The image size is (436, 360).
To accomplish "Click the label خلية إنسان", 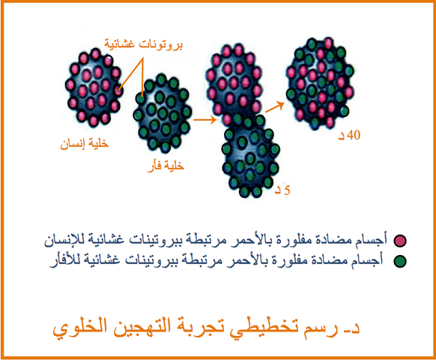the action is point(84,144).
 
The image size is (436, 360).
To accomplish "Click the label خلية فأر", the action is point(166,166).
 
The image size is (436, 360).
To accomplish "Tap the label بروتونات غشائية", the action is point(144,44).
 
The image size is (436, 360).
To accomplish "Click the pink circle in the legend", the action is point(400,241).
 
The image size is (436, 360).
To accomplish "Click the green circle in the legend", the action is point(400,261).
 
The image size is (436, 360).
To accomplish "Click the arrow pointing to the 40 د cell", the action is point(275,107).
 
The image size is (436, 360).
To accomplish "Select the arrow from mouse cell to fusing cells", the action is point(205,120).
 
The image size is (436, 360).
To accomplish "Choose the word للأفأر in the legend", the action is point(66,260).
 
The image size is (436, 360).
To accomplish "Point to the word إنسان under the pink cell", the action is point(72,144).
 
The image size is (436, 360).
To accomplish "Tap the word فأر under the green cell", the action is point(154,166).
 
